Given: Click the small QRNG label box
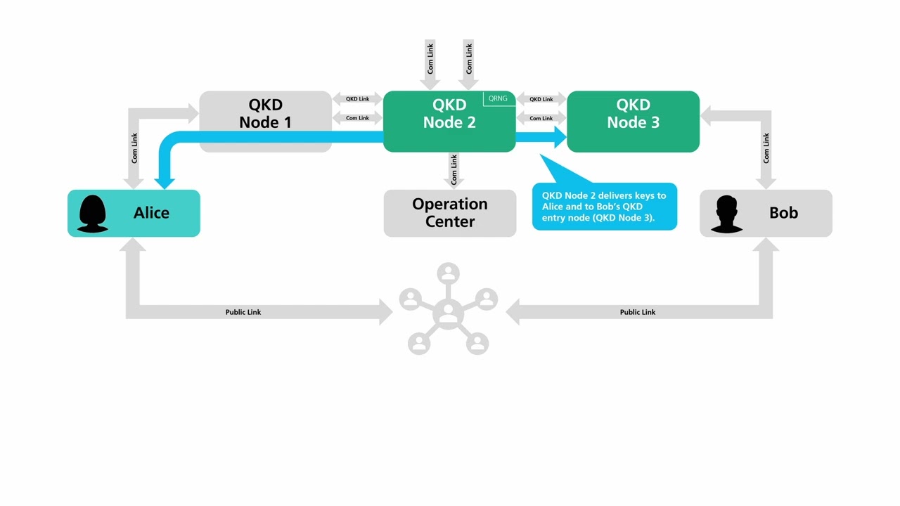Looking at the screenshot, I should [x=498, y=98].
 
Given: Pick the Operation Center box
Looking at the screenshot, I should [x=449, y=213].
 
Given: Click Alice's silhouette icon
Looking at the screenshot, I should [x=92, y=213].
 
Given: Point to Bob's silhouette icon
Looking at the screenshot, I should [x=727, y=214].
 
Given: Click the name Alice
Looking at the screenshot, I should [x=151, y=213].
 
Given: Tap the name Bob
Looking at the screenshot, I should [x=783, y=213].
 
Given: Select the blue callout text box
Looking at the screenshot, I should [x=604, y=207].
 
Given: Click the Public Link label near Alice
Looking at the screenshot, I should [x=243, y=312].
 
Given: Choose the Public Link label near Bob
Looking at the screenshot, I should [x=637, y=312].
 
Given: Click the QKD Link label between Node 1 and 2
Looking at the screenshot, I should [x=357, y=99].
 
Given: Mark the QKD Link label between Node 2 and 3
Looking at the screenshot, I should [x=541, y=99].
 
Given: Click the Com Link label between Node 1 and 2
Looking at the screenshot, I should [x=357, y=118].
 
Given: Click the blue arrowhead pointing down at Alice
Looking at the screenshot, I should [x=165, y=183].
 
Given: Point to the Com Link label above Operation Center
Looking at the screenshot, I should [x=454, y=169].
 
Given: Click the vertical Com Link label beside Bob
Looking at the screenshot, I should [x=766, y=148].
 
